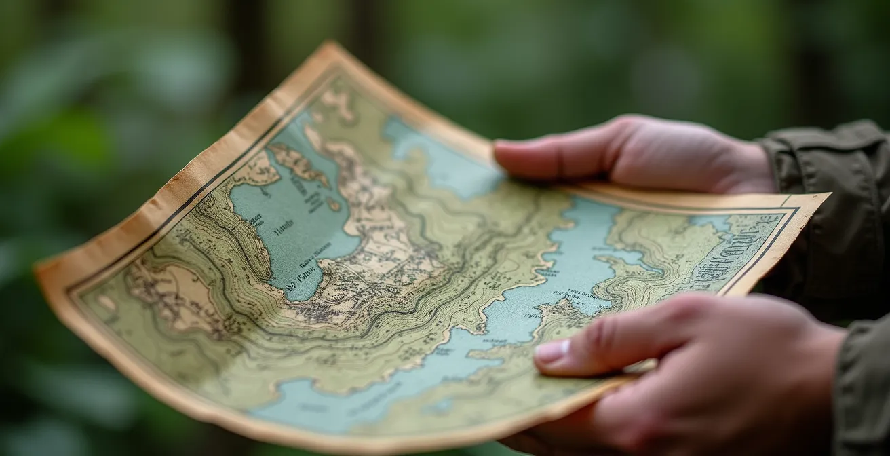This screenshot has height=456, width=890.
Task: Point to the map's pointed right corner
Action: tap(826, 196)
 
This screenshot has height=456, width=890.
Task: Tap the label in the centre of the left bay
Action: tap(284, 228)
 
